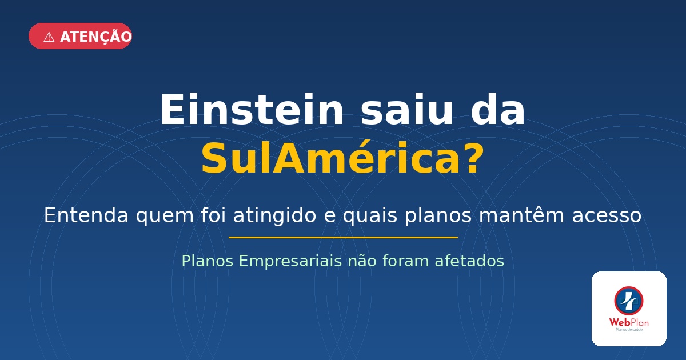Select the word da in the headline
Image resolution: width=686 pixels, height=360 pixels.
[497, 110]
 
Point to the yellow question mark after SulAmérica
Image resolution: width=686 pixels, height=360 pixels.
[470, 158]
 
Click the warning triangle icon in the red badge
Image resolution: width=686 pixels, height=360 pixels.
[49, 37]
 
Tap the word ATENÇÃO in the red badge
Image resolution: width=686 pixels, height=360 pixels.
[95, 37]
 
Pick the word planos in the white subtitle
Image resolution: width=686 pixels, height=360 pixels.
[438, 216]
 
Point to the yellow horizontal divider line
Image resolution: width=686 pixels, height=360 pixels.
[343, 237]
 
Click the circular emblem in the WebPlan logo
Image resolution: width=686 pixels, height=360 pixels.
[629, 301]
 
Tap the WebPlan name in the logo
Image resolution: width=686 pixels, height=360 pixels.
[629, 322]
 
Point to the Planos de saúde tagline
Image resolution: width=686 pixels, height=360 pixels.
[629, 330]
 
